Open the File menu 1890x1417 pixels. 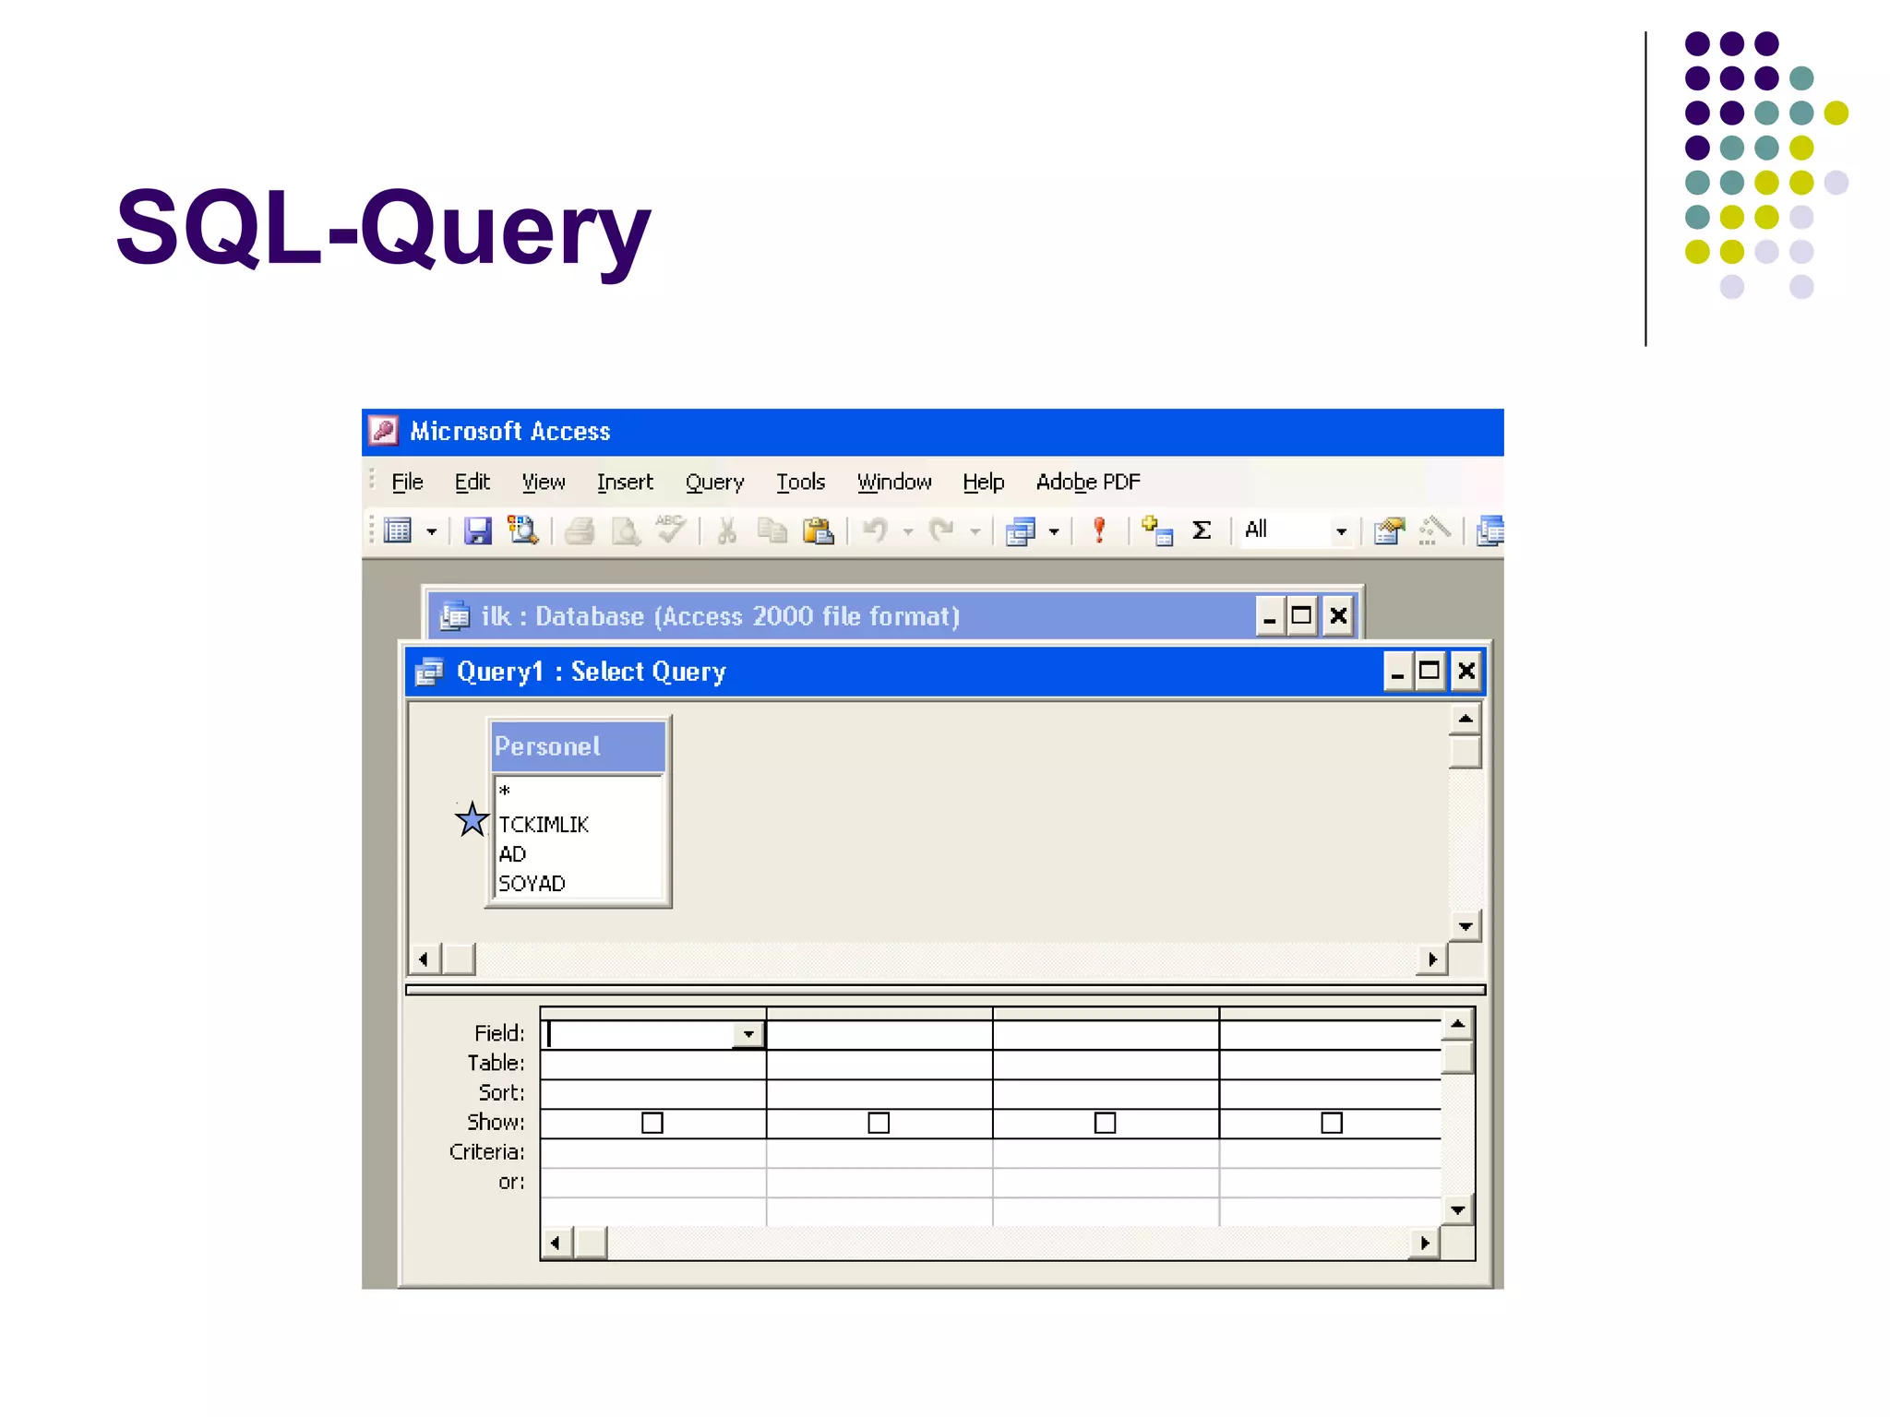pyautogui.click(x=407, y=482)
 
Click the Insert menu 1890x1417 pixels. pyautogui.click(x=624, y=482)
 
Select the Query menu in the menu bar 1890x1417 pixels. pyautogui.click(x=714, y=482)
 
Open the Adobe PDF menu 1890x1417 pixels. pyautogui.click(x=1087, y=482)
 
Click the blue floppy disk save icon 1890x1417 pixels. pyautogui.click(x=477, y=531)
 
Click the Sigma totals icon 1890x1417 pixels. pyautogui.click(x=1201, y=530)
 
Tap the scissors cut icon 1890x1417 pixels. pyautogui.click(x=726, y=531)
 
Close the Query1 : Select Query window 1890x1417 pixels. pyautogui.click(x=1465, y=672)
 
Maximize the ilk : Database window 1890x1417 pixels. pyautogui.click(x=1301, y=616)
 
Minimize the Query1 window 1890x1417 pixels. pyautogui.click(x=1397, y=672)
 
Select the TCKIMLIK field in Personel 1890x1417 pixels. pyautogui.click(x=544, y=825)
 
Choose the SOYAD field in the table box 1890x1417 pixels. pyautogui.click(x=532, y=884)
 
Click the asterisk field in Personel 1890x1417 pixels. pyautogui.click(x=505, y=792)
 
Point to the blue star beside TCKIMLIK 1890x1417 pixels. pyautogui.click(x=472, y=819)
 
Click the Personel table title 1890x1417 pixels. pyautogui.click(x=547, y=746)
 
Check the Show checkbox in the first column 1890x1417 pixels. pyautogui.click(x=652, y=1123)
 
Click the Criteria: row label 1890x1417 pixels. pyautogui.click(x=486, y=1152)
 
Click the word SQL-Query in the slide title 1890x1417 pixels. pyautogui.click(x=383, y=228)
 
